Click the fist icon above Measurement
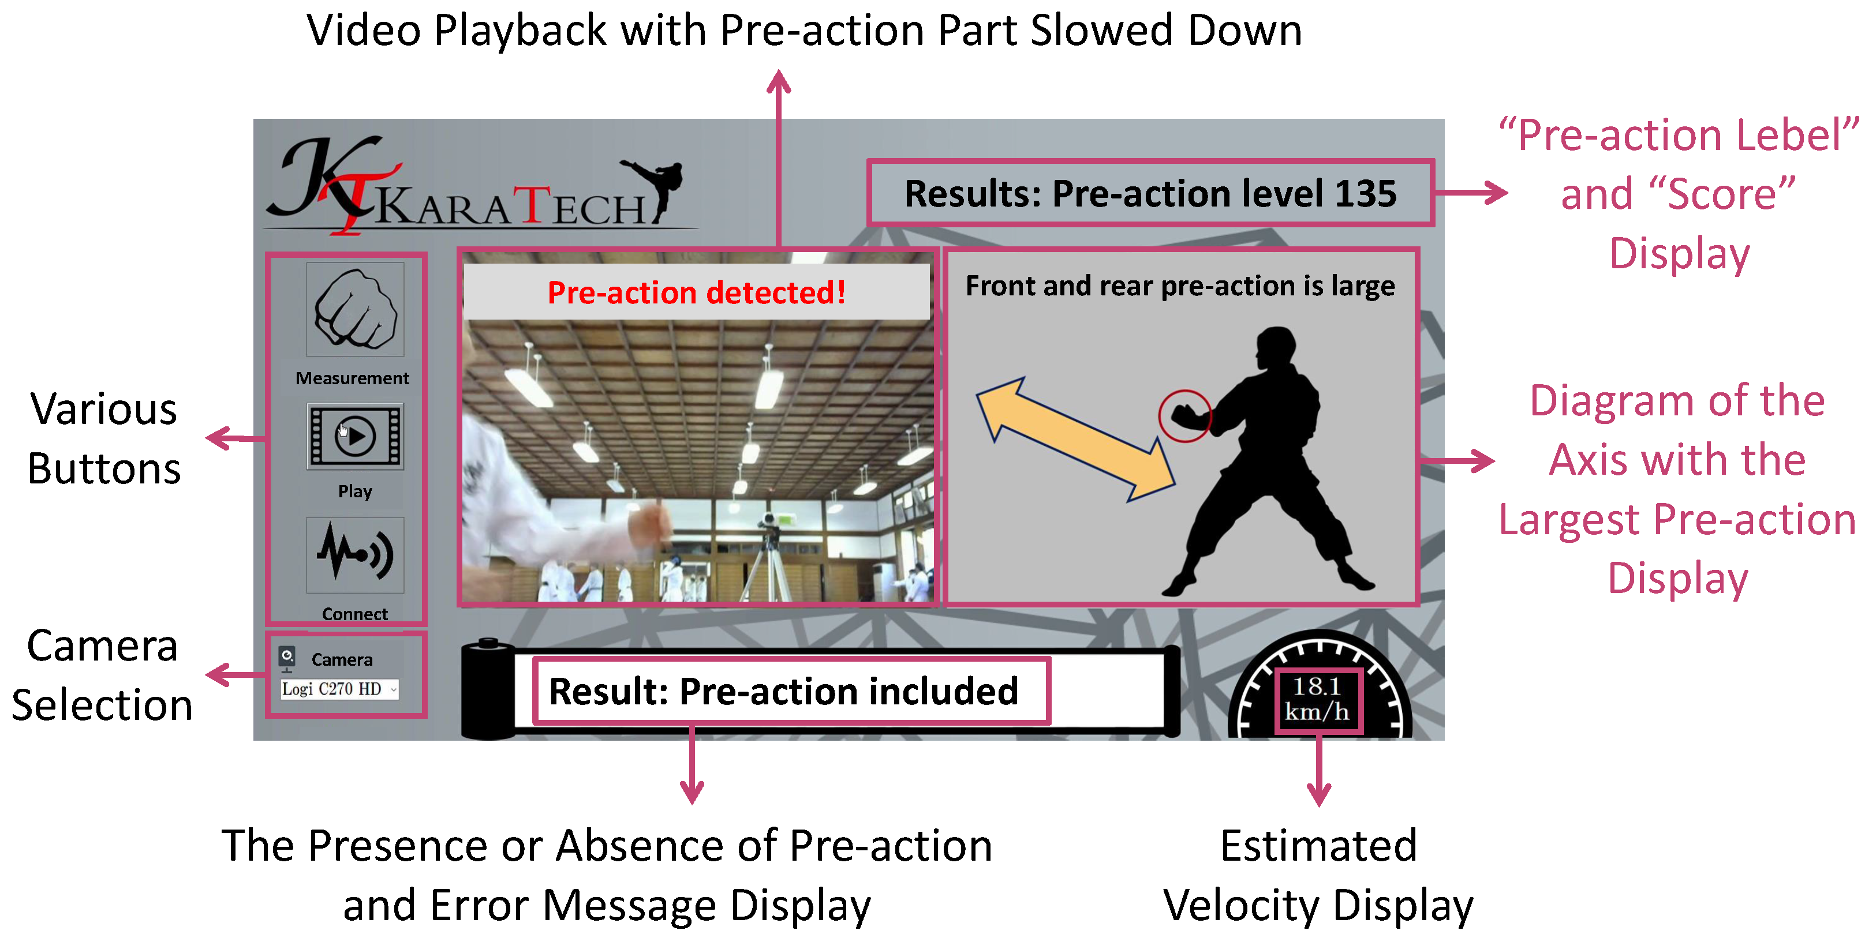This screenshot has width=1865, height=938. [x=355, y=309]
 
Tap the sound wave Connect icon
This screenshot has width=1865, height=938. [x=355, y=555]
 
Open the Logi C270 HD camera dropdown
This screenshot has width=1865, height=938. [x=339, y=689]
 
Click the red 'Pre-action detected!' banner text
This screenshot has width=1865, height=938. [x=697, y=292]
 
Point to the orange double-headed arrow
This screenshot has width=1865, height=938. [x=1075, y=438]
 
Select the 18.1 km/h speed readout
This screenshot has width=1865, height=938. [x=1318, y=699]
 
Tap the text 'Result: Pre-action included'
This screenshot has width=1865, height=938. [x=783, y=691]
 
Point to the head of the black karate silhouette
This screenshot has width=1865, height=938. [x=1275, y=349]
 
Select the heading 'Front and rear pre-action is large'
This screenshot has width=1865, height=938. [x=1180, y=286]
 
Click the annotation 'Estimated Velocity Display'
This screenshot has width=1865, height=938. [x=1318, y=875]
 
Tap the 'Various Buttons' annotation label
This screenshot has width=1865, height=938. [x=103, y=438]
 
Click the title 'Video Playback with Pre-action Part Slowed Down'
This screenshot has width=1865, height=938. [x=803, y=31]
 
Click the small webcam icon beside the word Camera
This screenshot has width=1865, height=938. [x=287, y=658]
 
